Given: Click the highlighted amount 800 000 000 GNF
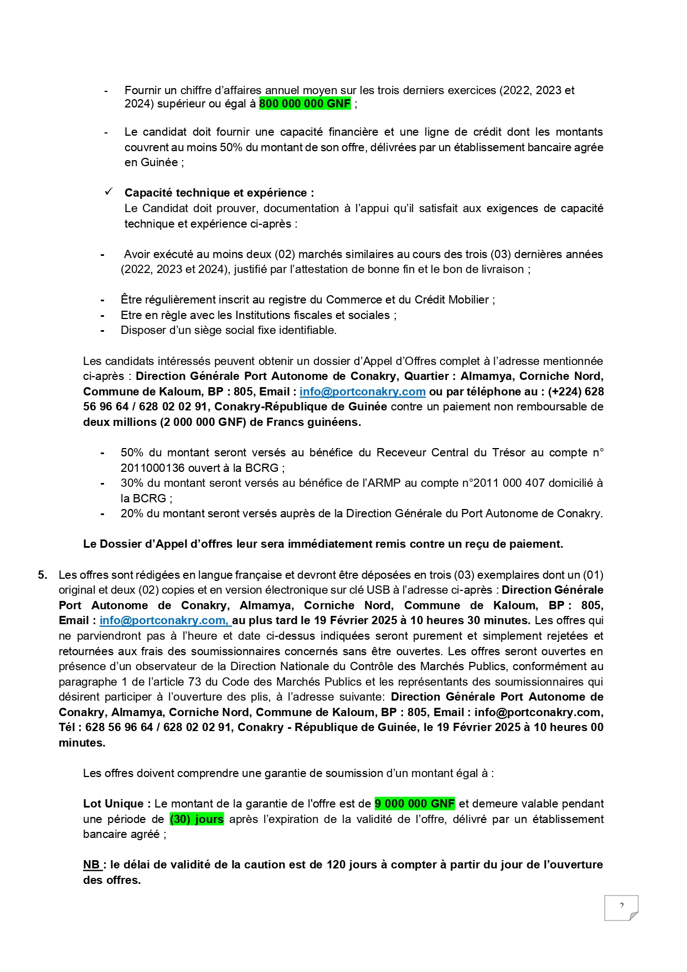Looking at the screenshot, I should [x=304, y=104].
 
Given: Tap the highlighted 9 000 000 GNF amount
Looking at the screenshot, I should [x=415, y=804].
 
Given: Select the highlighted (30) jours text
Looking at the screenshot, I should [x=197, y=819].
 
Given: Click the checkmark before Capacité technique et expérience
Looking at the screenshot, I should [x=109, y=192].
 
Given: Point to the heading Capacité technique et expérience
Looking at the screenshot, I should [x=219, y=193].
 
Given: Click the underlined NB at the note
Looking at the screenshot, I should [x=92, y=865].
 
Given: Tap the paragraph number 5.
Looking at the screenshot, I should [x=43, y=575].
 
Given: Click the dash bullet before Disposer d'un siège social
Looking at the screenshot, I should [x=102, y=331].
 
